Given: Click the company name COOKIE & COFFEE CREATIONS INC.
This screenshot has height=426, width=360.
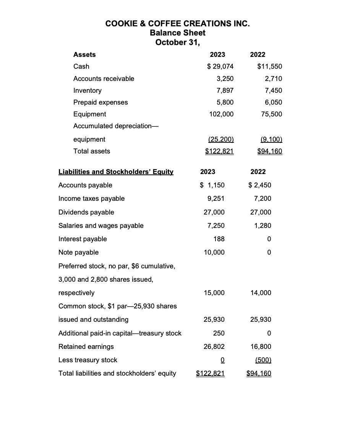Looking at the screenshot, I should point(178,24).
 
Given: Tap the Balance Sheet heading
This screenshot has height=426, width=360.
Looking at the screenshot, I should point(178,33).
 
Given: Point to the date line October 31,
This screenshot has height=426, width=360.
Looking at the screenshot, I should point(178,42).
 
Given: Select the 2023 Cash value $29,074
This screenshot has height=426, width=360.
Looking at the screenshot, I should point(220,66).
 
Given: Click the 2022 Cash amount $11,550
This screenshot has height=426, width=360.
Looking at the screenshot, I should point(270,66).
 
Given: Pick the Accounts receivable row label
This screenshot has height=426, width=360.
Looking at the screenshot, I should point(104,79).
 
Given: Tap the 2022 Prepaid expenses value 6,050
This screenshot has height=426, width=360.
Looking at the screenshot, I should point(273,102).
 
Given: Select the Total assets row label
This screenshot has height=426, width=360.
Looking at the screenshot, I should point(92,151).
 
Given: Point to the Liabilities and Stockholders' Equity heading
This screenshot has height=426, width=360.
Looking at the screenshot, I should point(116,172).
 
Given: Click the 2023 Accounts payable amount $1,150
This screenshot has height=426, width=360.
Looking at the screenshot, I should point(212,185).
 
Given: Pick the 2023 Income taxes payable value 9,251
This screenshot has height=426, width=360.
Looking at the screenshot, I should point(216,198).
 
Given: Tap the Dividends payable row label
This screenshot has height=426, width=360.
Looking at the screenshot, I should point(86,212).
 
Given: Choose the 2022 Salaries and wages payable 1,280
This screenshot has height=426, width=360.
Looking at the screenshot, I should point(263,226).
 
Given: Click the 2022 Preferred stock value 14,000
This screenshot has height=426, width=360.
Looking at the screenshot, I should point(261,293).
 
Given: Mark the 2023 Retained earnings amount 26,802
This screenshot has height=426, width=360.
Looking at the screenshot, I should point(214,347).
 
